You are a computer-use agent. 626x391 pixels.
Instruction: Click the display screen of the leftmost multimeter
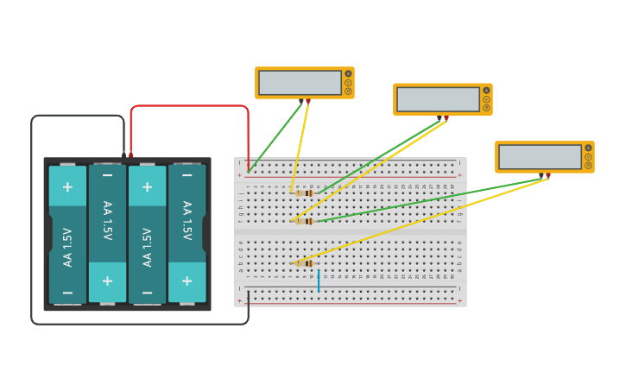point(300,83)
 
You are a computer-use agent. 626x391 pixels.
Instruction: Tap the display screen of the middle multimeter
point(438,99)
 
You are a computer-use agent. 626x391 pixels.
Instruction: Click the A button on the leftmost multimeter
point(348,74)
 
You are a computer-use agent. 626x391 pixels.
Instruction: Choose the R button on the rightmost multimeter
point(588,166)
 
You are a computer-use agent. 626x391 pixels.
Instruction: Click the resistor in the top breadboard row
point(304,193)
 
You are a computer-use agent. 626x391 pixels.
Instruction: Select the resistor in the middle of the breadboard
point(304,221)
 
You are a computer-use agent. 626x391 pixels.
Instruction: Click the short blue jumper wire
point(318,281)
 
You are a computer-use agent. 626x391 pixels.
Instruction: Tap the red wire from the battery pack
point(190,106)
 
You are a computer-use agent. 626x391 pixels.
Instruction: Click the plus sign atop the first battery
point(67,186)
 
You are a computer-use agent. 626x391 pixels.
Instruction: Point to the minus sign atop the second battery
point(107,175)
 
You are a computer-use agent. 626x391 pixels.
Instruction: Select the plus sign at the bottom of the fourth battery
point(187,281)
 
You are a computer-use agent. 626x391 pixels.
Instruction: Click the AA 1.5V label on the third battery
point(147,247)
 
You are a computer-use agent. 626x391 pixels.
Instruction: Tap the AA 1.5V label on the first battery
point(67,247)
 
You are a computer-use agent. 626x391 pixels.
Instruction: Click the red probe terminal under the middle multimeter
point(446,118)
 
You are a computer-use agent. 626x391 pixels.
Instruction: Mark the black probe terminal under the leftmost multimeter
point(301,102)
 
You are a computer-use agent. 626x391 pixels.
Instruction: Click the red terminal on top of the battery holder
point(131,155)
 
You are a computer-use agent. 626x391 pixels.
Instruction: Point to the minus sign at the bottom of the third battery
point(147,293)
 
